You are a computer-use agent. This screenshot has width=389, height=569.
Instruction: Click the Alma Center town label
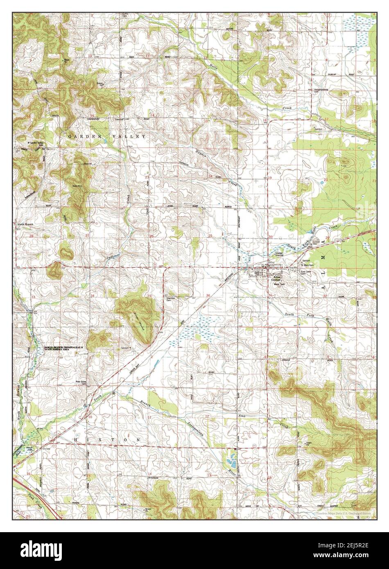[x=274, y=276]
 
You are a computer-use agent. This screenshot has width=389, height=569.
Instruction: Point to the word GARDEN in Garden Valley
[x=82, y=135]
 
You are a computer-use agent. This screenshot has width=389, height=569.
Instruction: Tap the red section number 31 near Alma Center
[x=271, y=295]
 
